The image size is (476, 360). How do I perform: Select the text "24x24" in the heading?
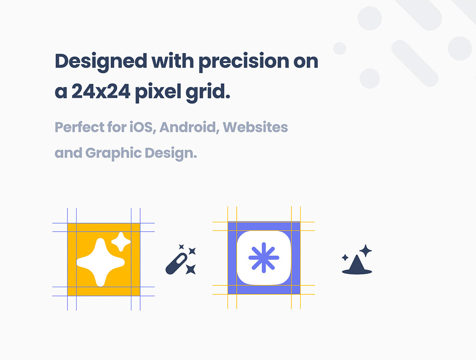[x=101, y=91]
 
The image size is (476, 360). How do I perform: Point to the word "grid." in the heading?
[x=208, y=93]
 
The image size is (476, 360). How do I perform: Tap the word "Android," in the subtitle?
[x=190, y=127]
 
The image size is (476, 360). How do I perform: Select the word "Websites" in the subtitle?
[x=255, y=127]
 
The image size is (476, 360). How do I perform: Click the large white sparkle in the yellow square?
[x=100, y=262]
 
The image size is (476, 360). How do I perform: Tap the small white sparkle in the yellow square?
[x=121, y=242]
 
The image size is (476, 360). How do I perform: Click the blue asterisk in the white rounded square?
[x=264, y=258]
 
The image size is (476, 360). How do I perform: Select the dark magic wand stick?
[x=176, y=264]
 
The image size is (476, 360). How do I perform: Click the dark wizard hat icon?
[x=357, y=265]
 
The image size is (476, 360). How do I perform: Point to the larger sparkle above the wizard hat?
[x=365, y=251]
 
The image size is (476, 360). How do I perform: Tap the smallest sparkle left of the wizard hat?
[x=345, y=258]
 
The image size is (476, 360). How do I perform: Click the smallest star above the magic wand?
[x=182, y=246]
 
